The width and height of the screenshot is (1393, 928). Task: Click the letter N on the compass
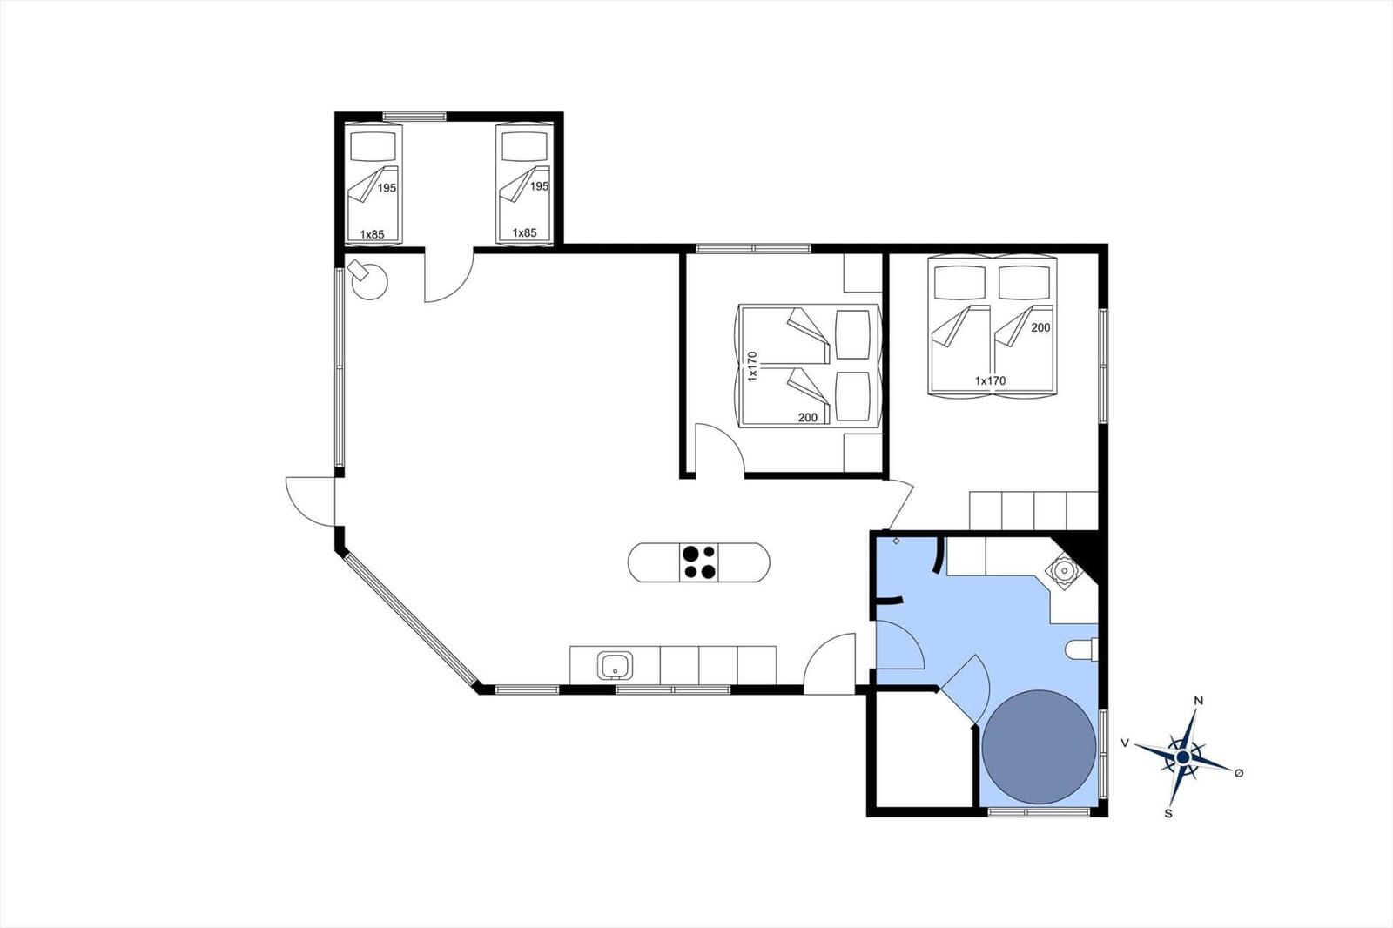point(1199,701)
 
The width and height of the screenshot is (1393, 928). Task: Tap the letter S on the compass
point(1168,814)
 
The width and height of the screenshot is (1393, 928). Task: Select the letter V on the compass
point(1124,743)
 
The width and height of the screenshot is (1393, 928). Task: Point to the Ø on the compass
point(1239,772)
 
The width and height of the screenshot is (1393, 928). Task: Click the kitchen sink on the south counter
point(616,665)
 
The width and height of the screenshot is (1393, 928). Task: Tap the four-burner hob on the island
point(698,562)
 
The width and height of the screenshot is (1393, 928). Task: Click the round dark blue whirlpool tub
point(1040,746)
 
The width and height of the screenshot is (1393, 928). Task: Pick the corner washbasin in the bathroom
point(1064,570)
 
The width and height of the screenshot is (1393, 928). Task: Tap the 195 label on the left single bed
point(387,188)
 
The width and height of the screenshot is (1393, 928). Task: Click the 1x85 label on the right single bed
point(524,232)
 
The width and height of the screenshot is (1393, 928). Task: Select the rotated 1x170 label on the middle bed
point(752,366)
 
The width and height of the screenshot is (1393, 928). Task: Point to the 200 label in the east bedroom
point(1040,328)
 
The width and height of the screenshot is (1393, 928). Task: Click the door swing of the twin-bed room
point(449,276)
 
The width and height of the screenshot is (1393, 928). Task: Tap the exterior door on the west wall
point(310,501)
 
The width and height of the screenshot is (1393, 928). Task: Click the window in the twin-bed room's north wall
point(414,117)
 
